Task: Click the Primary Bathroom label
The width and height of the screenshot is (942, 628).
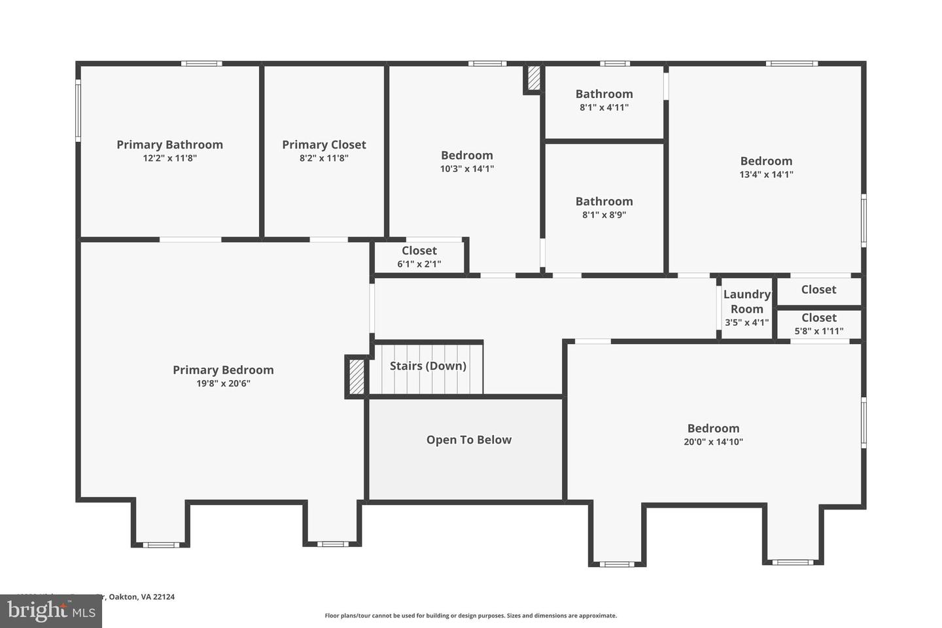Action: point(169,145)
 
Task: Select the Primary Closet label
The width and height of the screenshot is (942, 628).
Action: point(324,145)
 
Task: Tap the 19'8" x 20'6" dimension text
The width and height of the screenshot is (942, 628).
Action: point(223,383)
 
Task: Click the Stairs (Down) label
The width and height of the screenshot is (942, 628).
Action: point(428,366)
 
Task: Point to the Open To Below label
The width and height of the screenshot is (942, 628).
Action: point(468,440)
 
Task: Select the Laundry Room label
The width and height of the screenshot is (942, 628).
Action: point(746,302)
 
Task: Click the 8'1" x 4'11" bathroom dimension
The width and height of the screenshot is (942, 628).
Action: point(604,107)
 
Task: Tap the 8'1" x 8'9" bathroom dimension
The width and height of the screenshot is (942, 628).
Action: point(604,215)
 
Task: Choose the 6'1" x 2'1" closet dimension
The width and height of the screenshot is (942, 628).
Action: point(419,264)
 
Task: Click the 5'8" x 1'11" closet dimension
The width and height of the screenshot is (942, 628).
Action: point(818,331)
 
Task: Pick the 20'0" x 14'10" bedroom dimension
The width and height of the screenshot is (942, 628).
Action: point(713,442)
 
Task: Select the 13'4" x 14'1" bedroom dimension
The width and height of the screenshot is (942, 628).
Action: point(766,174)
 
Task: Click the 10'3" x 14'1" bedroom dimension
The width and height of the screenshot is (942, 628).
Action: point(466,169)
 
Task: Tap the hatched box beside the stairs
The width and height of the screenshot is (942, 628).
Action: point(357,377)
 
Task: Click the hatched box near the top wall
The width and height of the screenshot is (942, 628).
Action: point(534,78)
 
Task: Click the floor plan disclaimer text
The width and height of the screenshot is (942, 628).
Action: point(470,616)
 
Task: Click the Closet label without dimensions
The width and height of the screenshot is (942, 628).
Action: point(818,289)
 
